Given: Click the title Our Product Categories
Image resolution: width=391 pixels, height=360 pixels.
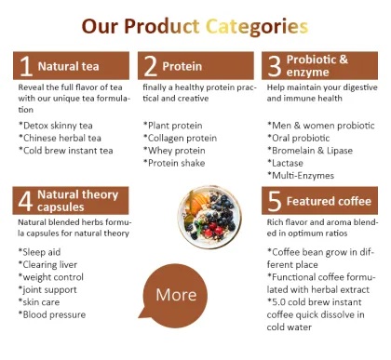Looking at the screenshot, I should pyautogui.click(x=195, y=24).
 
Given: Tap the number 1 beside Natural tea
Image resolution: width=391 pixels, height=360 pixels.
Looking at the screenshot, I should pyautogui.click(x=26, y=65).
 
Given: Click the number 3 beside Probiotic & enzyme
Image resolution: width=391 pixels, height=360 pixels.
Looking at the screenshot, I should pyautogui.click(x=274, y=65).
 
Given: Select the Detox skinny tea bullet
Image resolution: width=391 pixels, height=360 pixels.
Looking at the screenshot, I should pyautogui.click(x=56, y=125).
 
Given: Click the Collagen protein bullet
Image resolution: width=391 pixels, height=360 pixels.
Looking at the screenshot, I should pyautogui.click(x=182, y=138).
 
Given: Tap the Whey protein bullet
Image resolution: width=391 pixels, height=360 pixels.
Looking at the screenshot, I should pyautogui.click(x=177, y=150).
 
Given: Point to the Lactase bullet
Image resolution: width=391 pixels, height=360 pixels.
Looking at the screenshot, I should pyautogui.click(x=290, y=162).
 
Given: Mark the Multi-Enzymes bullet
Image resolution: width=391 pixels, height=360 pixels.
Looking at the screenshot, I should pyautogui.click(x=303, y=174).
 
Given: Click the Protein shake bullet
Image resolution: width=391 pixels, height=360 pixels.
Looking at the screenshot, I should pyautogui.click(x=178, y=163).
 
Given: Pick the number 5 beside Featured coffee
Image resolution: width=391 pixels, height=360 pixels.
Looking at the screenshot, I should pyautogui.click(x=274, y=201).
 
